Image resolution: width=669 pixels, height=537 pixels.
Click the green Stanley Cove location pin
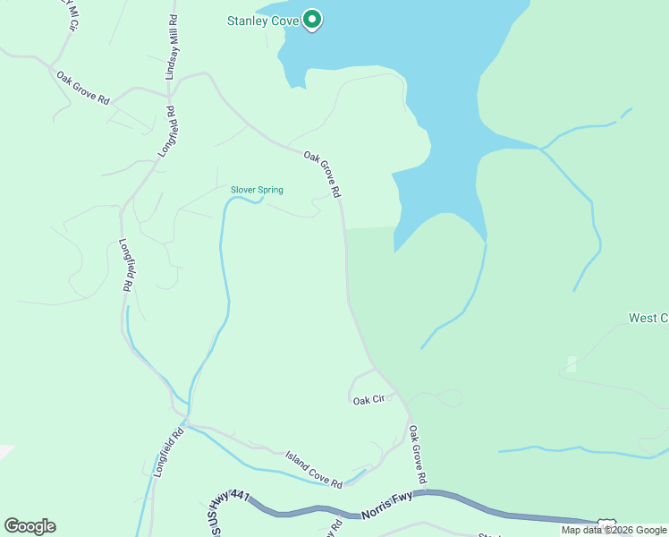point(311,19)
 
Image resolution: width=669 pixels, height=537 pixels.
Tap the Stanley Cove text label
point(262,20)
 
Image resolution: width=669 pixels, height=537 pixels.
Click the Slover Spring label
point(257,190)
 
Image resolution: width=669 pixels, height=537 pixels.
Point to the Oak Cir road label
point(368,400)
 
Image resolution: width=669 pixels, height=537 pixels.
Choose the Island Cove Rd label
point(314,470)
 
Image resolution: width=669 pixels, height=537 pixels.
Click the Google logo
point(30,526)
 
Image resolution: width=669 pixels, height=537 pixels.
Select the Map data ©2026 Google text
point(614,530)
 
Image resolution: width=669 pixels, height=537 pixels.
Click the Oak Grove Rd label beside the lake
point(323,174)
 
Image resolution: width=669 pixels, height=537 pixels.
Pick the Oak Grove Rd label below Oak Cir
point(418,453)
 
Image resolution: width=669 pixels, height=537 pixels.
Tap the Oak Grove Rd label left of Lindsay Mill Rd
point(82,88)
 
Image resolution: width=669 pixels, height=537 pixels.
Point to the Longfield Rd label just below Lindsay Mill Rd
point(166,132)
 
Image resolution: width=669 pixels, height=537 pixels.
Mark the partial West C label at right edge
point(648,318)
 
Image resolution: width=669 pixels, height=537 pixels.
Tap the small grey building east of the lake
point(572,363)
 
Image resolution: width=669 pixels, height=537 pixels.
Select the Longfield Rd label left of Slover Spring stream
point(128,266)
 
